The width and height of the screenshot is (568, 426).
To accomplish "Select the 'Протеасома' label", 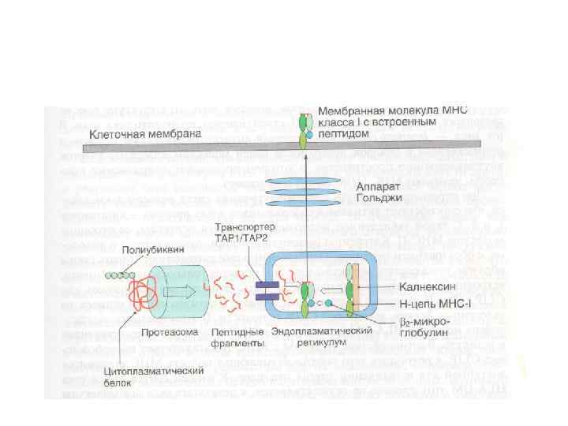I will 164,332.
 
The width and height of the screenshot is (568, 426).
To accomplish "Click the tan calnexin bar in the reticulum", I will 357,289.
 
